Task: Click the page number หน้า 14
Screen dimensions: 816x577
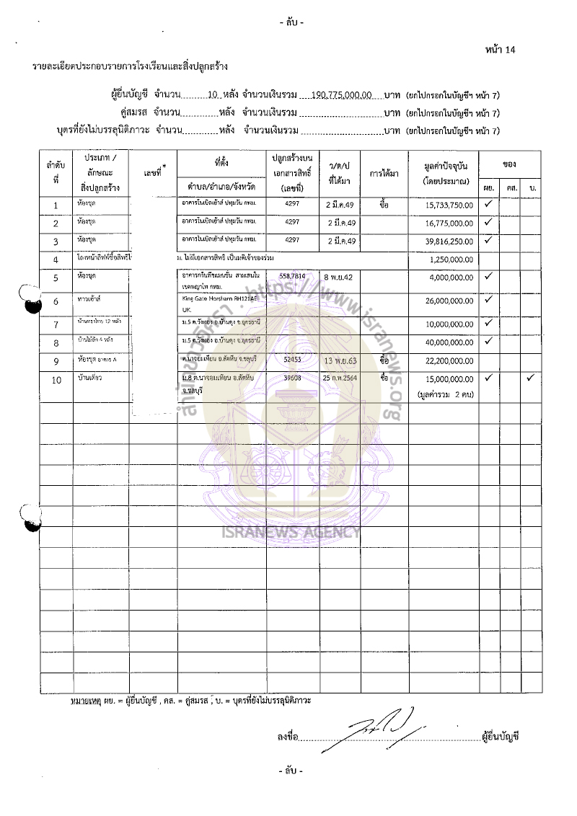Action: click(501, 50)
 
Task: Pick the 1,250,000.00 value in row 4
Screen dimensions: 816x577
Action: click(451, 259)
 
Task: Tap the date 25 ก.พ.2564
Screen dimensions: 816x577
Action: click(340, 378)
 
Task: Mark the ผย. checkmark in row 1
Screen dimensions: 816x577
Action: click(488, 204)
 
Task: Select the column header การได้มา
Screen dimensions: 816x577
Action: click(384, 174)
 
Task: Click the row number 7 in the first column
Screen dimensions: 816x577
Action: click(56, 324)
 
